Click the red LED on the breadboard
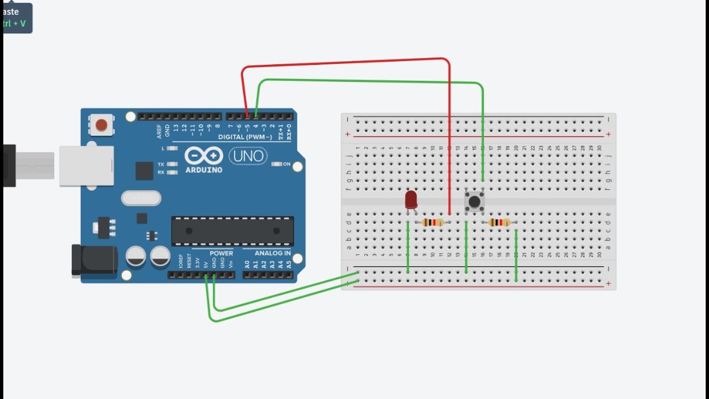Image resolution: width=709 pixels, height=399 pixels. [411, 199]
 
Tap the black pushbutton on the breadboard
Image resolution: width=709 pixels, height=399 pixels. [474, 201]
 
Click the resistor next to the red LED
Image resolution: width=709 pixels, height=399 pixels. [433, 222]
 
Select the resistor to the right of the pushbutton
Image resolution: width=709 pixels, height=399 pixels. [500, 222]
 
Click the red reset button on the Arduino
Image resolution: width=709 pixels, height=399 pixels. [101, 125]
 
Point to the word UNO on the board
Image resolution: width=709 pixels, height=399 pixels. [249, 156]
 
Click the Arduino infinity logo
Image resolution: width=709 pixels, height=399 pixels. [203, 156]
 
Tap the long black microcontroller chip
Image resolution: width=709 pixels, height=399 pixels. [233, 231]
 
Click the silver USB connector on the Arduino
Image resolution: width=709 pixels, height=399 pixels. [86, 166]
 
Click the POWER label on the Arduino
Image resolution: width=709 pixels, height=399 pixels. [221, 253]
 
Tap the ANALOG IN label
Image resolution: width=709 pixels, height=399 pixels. [273, 253]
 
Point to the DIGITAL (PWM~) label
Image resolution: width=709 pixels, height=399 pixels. [245, 137]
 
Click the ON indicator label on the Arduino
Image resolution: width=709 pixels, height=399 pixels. [286, 164]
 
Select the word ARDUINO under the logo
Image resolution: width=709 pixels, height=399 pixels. [203, 170]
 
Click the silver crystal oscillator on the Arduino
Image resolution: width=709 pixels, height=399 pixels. [141, 198]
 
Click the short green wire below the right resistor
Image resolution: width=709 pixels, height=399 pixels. [516, 255]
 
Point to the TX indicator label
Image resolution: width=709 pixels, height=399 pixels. [161, 165]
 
